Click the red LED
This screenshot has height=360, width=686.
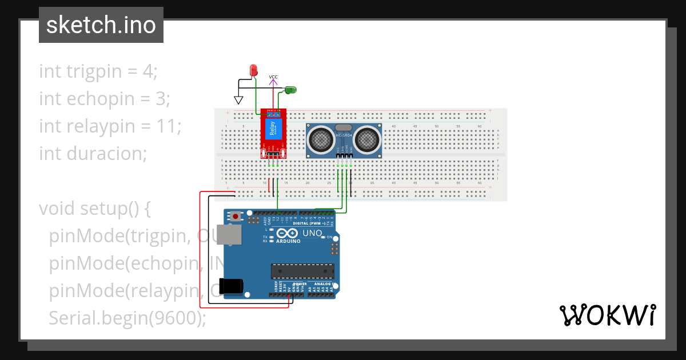[x=254, y=70]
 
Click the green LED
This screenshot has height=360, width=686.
[x=290, y=90]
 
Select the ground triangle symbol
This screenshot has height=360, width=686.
[x=238, y=100]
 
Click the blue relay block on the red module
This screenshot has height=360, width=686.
[x=273, y=130]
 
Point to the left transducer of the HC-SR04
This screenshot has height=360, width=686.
[x=322, y=139]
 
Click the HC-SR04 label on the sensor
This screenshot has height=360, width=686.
[x=344, y=135]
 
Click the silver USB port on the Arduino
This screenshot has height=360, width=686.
[x=231, y=235]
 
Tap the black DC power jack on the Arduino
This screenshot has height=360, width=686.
[x=232, y=286]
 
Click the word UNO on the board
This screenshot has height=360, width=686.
[x=312, y=233]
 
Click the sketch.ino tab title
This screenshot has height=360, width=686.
[x=101, y=25]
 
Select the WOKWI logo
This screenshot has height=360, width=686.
[x=607, y=315]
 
